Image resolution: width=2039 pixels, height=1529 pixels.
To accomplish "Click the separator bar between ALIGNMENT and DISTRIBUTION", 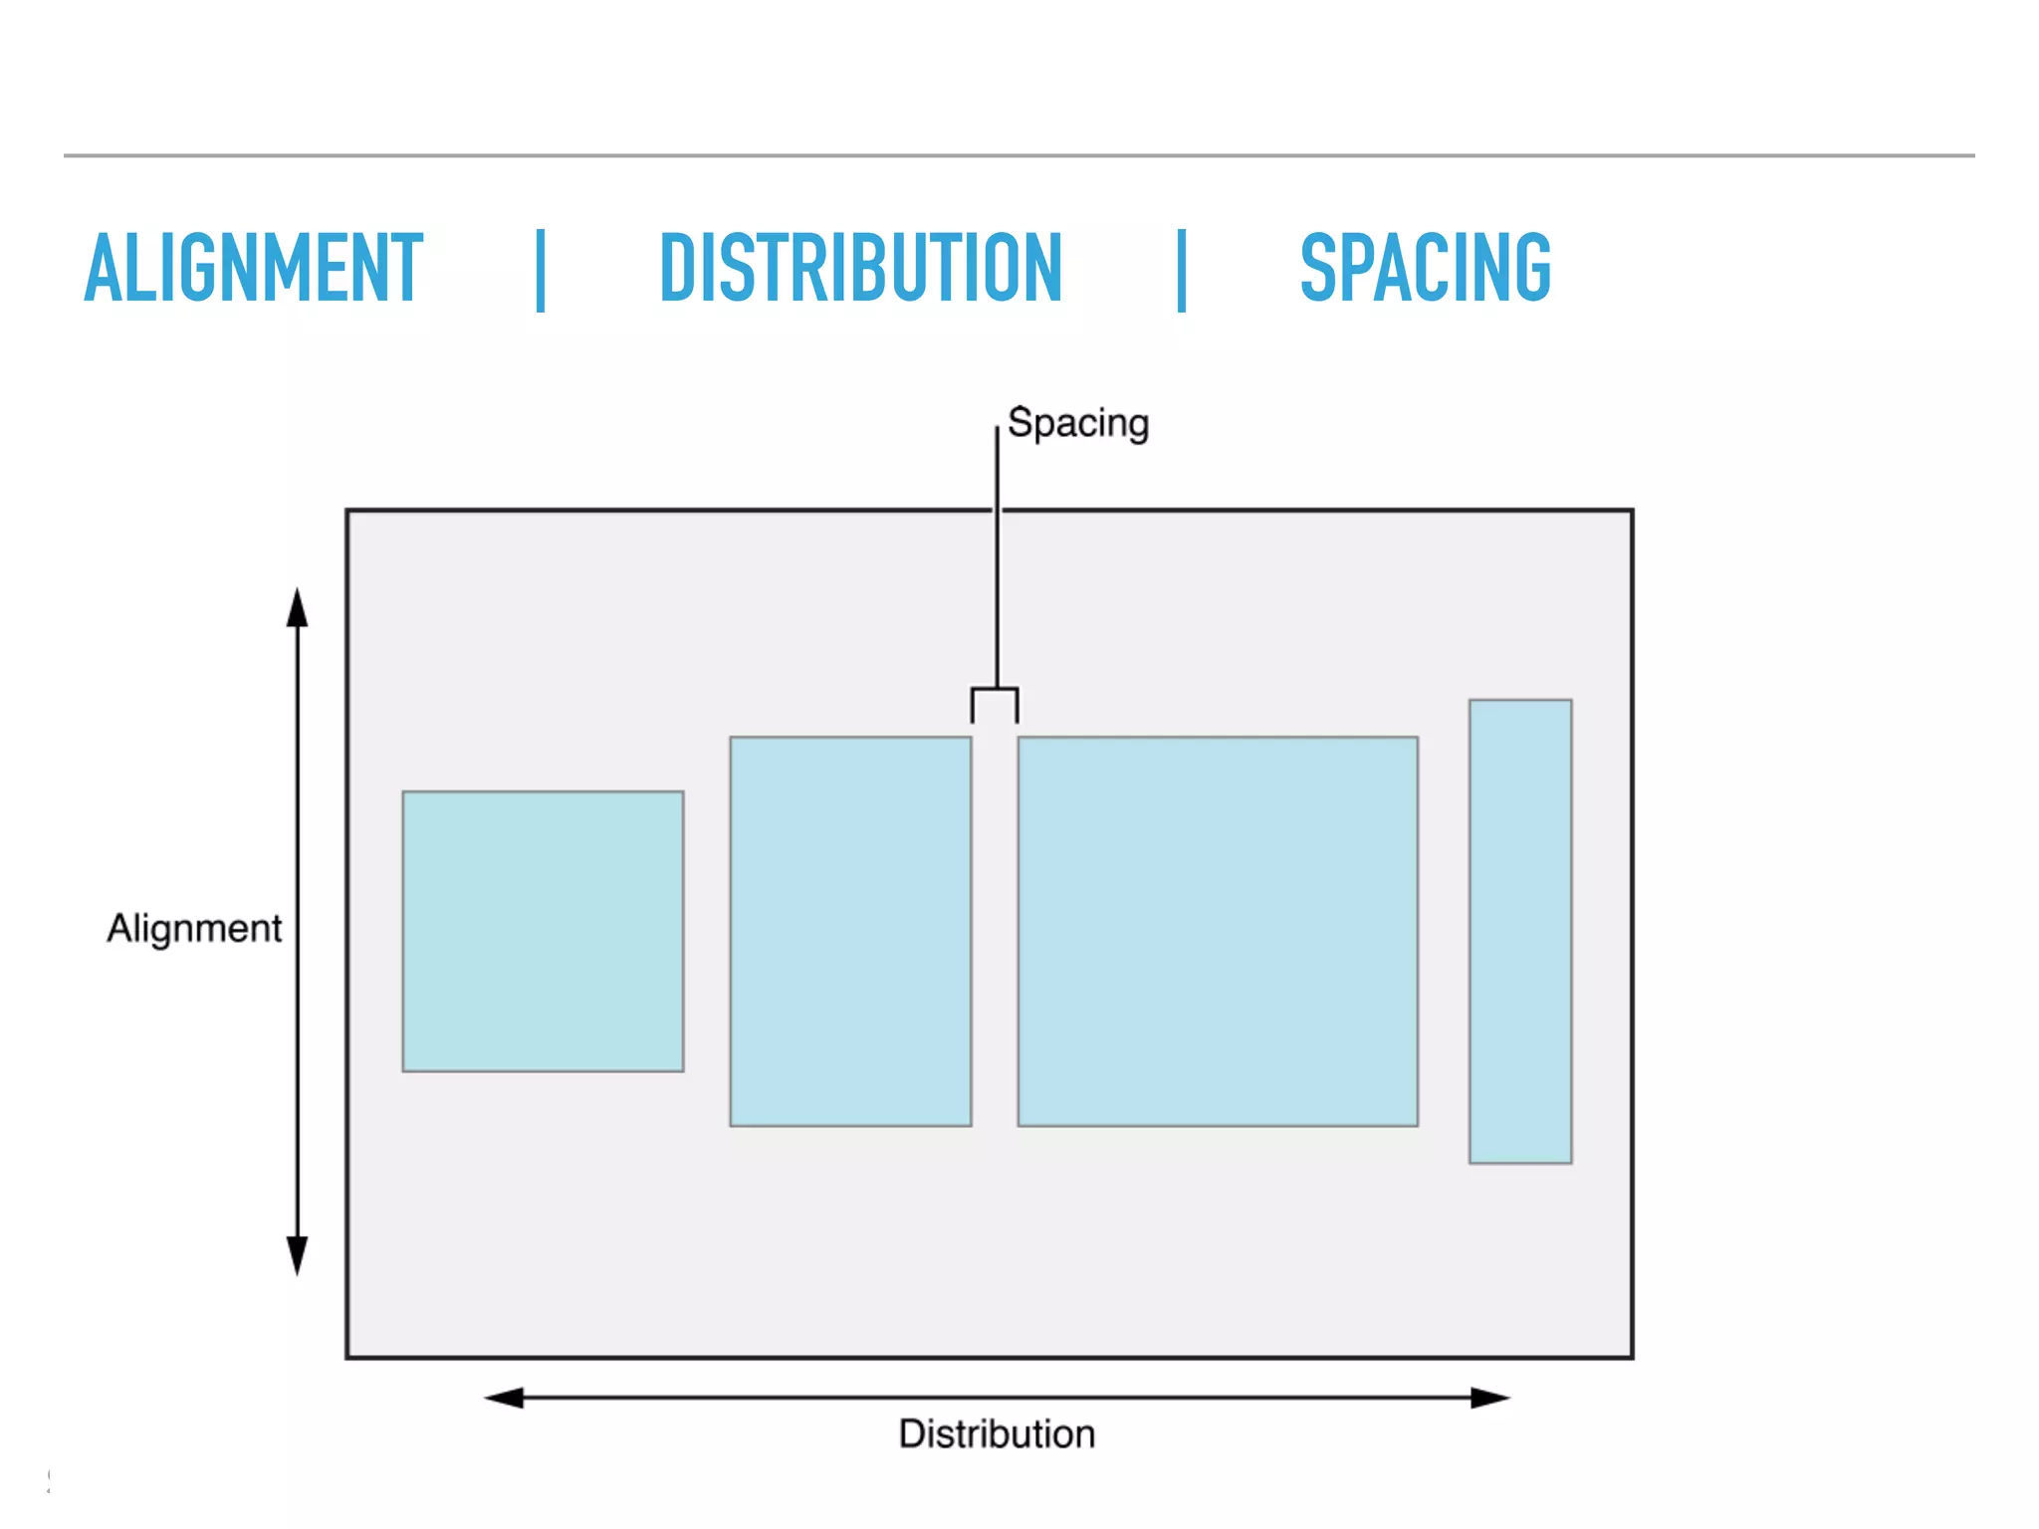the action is [x=541, y=270].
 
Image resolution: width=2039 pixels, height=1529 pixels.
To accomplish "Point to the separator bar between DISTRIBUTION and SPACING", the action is [x=1182, y=270].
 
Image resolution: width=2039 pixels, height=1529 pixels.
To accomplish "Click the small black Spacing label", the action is [x=1078, y=423].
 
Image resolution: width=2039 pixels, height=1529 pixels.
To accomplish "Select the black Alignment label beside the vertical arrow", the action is [x=194, y=929].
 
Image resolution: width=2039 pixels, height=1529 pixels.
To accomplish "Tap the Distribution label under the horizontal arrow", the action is [x=997, y=1434].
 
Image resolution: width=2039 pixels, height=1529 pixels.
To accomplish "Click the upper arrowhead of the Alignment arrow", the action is [x=297, y=608].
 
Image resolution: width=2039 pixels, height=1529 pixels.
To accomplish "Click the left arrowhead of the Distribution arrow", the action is [x=504, y=1398].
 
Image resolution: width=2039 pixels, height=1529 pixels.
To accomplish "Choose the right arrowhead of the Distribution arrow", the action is [x=1490, y=1398].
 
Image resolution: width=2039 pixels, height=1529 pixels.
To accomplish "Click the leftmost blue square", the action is [x=543, y=932].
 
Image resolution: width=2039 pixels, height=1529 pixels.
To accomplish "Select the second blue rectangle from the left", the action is [x=850, y=932].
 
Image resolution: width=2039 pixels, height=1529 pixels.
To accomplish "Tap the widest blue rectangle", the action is [x=1218, y=932].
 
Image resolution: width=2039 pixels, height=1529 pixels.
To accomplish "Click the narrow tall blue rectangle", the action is [x=1520, y=932].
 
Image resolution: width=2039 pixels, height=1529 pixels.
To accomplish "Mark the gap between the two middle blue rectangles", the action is [x=995, y=932].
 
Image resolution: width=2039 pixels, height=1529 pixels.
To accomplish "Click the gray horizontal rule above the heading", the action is [x=1019, y=155].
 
